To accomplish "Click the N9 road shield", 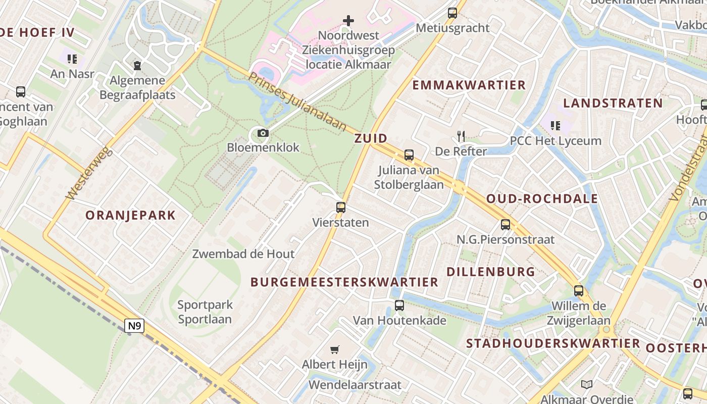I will [x=134, y=326].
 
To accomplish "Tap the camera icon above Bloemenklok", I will [x=263, y=133].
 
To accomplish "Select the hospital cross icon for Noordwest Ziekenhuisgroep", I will [x=348, y=21].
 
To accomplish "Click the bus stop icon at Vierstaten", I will [x=341, y=207].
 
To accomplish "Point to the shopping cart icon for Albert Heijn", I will [x=334, y=349].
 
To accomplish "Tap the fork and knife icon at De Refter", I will [x=461, y=136].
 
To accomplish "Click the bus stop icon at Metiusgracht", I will [x=452, y=13].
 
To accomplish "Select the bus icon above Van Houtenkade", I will [x=399, y=305].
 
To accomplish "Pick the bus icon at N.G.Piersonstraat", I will [x=506, y=224].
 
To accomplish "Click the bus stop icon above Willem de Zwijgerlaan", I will [x=579, y=291].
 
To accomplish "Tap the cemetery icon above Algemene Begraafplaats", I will [x=137, y=65].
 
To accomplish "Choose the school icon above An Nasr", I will [x=72, y=59].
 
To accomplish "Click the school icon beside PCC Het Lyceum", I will [x=555, y=125].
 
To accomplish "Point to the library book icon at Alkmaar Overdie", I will [x=587, y=385].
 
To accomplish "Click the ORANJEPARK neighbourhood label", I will [x=130, y=215].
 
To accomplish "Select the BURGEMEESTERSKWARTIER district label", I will [x=344, y=282].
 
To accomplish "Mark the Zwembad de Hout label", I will [x=243, y=254].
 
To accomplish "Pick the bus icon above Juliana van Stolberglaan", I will [x=409, y=155].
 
